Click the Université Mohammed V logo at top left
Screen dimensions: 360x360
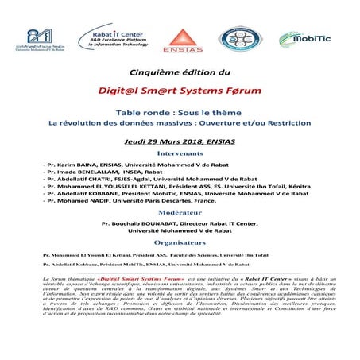pos(39,38)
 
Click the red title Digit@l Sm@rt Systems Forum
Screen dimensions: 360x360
pos(179,91)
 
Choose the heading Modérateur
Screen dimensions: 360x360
pos(180,214)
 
